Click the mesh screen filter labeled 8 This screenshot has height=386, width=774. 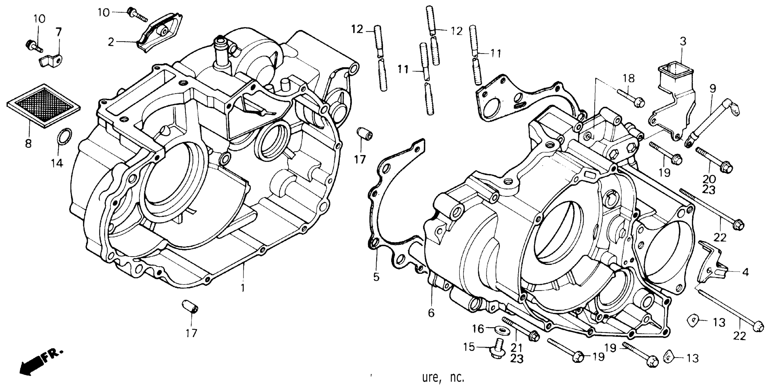click(44, 106)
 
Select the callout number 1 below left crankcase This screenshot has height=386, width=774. click(243, 288)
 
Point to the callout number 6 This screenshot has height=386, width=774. click(431, 313)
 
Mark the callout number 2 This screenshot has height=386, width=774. click(111, 42)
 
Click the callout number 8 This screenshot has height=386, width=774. click(28, 144)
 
